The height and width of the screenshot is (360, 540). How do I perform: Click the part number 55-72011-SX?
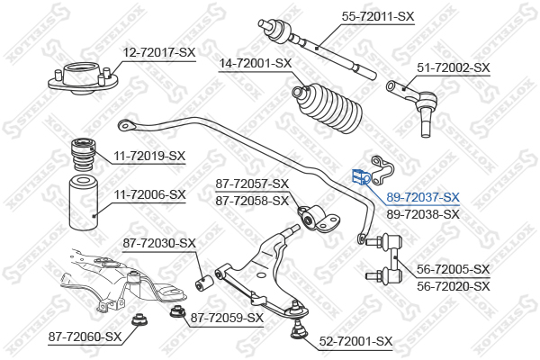pyautogui.click(x=377, y=16)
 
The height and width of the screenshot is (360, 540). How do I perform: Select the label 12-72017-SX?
pyautogui.click(x=159, y=52)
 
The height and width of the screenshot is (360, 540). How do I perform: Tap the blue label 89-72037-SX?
pyautogui.click(x=423, y=197)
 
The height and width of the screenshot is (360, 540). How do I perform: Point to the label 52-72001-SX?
pyautogui.click(x=355, y=341)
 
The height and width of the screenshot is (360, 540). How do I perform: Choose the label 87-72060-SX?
pyautogui.click(x=85, y=337)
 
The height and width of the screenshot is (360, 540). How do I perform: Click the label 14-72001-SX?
pyautogui.click(x=256, y=63)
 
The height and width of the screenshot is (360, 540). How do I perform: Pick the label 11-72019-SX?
pyautogui.click(x=149, y=156)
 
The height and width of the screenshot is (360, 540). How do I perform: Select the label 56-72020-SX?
pyautogui.click(x=454, y=286)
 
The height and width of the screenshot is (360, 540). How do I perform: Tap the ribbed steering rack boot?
pyautogui.click(x=327, y=107)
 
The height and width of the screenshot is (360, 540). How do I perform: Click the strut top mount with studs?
pyautogui.click(x=83, y=79)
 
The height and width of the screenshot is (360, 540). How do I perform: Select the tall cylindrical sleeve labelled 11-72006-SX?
pyautogui.click(x=84, y=202)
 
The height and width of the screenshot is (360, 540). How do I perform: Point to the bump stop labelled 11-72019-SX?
pyautogui.click(x=83, y=154)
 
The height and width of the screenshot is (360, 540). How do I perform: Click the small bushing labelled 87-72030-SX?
pyautogui.click(x=204, y=282)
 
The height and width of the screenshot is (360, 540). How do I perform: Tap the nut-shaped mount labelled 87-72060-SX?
pyautogui.click(x=140, y=320)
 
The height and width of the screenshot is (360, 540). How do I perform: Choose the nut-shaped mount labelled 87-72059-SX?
pyautogui.click(x=177, y=312)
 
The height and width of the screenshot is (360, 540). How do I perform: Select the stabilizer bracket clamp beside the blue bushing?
pyautogui.click(x=382, y=169)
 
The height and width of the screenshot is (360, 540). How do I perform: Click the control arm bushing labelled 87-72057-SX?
pyautogui.click(x=318, y=219)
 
